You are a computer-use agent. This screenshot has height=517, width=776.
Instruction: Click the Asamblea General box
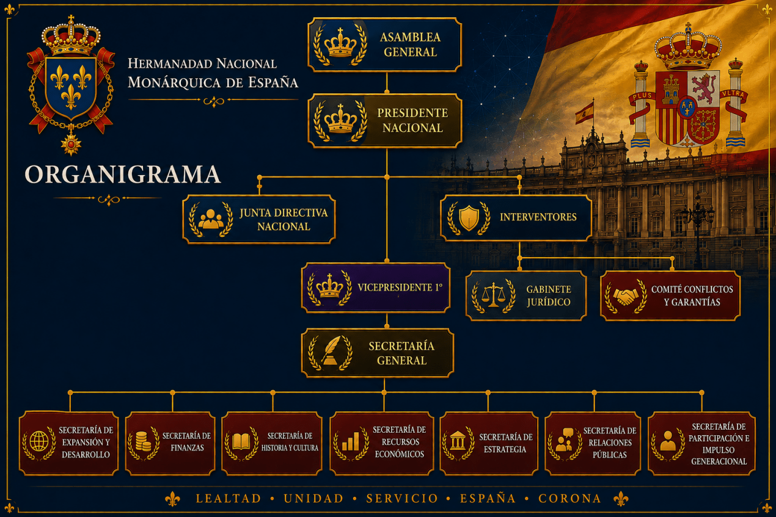(x=384, y=45)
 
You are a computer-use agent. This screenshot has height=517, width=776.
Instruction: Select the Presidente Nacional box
(x=384, y=121)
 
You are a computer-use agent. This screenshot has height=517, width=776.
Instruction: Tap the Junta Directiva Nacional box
(x=259, y=219)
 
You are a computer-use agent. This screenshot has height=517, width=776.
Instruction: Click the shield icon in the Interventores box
(x=469, y=218)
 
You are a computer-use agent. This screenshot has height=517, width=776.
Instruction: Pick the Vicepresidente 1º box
(x=376, y=288)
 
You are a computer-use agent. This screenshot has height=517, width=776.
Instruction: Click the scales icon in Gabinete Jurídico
(x=493, y=295)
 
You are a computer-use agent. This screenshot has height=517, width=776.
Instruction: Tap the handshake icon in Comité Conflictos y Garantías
(x=626, y=297)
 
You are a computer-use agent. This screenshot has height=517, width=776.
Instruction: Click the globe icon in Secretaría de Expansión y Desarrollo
(x=39, y=441)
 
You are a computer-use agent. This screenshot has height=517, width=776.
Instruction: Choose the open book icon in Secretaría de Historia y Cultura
(x=241, y=441)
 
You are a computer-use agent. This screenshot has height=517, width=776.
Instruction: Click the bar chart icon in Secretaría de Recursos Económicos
(x=351, y=441)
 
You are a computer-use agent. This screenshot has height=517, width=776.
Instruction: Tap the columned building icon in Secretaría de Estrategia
(x=458, y=441)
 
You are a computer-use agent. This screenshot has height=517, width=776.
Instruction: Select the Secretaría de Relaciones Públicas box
(x=593, y=443)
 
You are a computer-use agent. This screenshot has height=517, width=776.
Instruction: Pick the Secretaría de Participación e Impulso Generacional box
(x=701, y=443)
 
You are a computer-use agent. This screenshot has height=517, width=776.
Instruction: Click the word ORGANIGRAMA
(x=122, y=175)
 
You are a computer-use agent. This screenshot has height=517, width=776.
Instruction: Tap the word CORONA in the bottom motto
(x=569, y=498)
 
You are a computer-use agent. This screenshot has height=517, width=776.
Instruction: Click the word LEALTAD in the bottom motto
(x=229, y=498)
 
